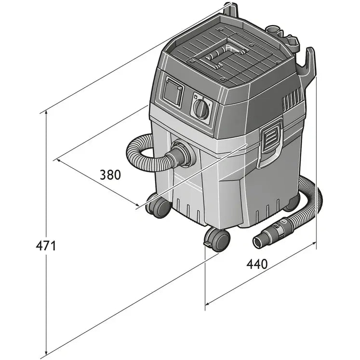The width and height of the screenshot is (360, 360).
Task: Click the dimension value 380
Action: click(x=110, y=174)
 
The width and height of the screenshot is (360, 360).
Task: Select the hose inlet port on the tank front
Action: click(x=182, y=154)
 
